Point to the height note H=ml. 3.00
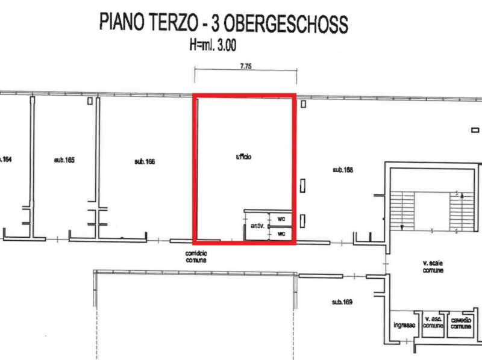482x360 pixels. coord(213,45)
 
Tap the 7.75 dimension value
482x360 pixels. coord(246,66)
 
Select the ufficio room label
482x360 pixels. coord(243,157)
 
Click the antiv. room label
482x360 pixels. coord(257,226)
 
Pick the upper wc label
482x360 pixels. coord(281,219)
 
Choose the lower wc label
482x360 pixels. coord(281,234)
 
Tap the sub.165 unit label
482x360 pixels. coord(64,160)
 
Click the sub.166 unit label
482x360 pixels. coord(145,161)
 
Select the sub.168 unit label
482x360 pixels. coord(343,170)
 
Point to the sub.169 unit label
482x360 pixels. coord(342,302)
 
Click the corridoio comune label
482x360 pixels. coord(196,257)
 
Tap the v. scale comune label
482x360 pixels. coord(433,267)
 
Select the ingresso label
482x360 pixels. coord(404,325)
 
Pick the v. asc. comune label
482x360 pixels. coord(433,322)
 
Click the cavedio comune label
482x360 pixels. coord(461,323)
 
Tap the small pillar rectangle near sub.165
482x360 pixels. coord(90,101)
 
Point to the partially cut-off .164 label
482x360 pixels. coord(5,159)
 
